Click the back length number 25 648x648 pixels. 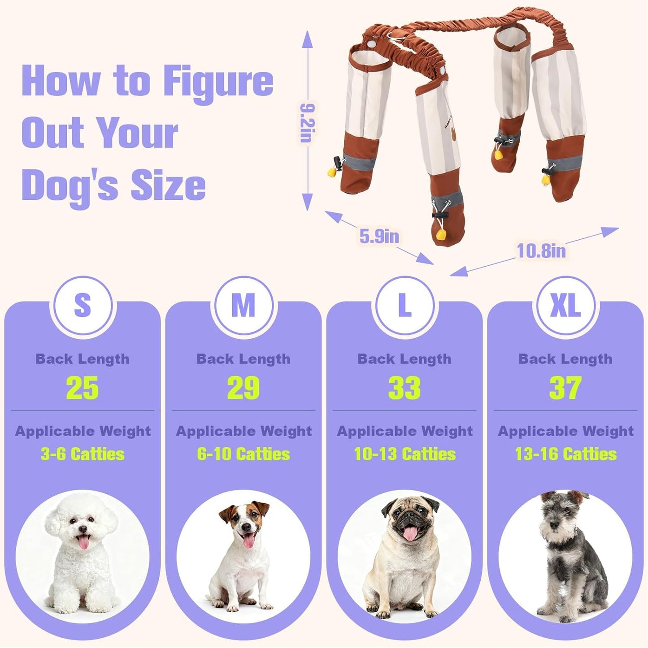(x=83, y=388)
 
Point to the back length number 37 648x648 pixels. (x=565, y=388)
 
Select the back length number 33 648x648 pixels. (x=404, y=388)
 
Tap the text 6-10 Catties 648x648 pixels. (x=244, y=454)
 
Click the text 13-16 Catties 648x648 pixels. (x=565, y=454)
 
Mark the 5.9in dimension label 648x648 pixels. (x=379, y=236)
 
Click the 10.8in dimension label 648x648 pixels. (x=541, y=251)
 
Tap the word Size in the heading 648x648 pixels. (x=168, y=185)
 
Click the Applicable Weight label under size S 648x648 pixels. (x=83, y=431)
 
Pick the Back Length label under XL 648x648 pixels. (x=565, y=359)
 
